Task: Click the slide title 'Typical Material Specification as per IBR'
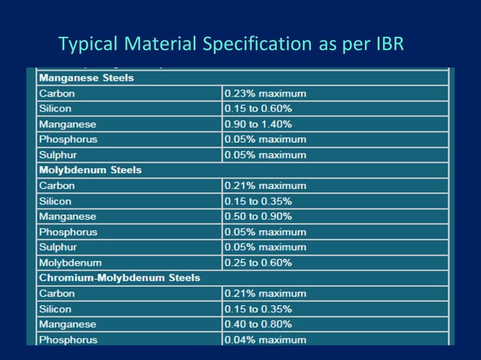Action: pos(231,44)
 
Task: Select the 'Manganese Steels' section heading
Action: pos(86,78)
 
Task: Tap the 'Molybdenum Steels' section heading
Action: pos(90,170)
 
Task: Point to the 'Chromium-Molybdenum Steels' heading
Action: pos(119,278)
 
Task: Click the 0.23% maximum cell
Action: pos(265,93)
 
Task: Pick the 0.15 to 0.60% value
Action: pos(259,108)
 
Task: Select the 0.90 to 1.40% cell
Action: pos(259,124)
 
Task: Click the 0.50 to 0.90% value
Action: pos(259,216)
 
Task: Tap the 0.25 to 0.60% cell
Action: pos(259,263)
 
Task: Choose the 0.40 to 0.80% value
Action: pos(259,325)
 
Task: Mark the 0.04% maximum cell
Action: pos(265,340)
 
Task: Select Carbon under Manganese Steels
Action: pos(57,93)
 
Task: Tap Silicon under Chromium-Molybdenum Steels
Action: pos(55,309)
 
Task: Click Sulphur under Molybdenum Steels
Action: pos(58,247)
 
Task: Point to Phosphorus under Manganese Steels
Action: pos(68,139)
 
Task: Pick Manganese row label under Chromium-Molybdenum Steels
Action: pos(67,325)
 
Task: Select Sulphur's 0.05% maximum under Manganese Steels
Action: pos(265,155)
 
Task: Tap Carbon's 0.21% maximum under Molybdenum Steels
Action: pos(265,185)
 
